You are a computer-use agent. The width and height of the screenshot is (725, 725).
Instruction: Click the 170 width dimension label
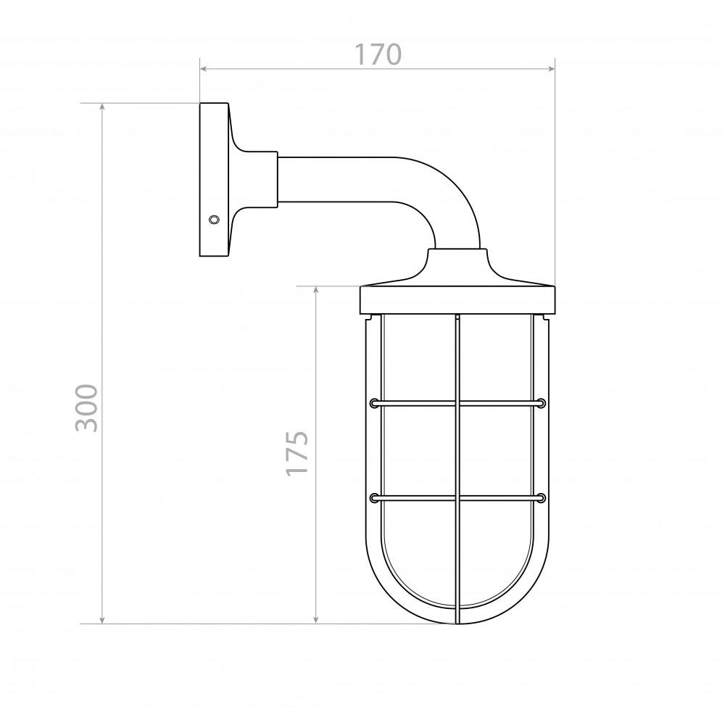pos(378,54)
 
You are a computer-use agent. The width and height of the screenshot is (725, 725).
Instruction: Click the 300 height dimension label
pos(87,407)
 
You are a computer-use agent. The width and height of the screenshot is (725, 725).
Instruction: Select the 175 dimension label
pos(297,453)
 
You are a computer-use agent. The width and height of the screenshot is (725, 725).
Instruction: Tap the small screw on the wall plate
pos(214,219)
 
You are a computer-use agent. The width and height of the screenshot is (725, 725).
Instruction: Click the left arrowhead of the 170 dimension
pos(203,69)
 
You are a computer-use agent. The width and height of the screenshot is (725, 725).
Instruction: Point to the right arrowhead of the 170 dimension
pos(551,69)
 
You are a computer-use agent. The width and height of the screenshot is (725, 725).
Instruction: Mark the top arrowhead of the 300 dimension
pos(102,107)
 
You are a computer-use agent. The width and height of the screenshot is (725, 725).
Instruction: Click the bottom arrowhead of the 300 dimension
pos(102,620)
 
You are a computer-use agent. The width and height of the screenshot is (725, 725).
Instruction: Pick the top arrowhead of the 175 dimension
pos(316,290)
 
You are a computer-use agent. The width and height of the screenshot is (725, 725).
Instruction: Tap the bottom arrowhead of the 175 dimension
pos(316,620)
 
